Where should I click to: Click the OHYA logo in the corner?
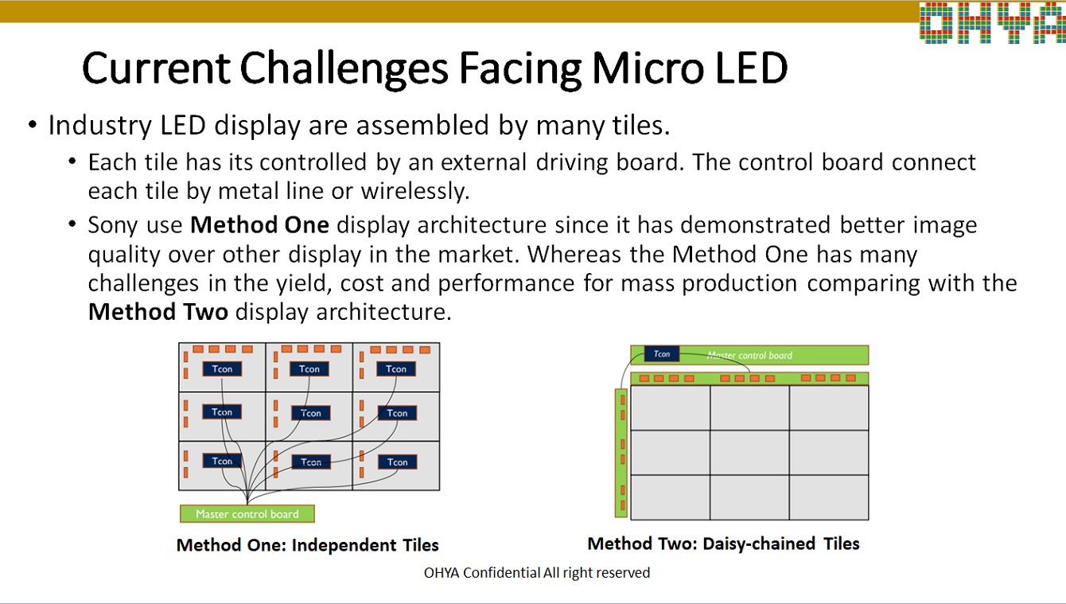point(993,23)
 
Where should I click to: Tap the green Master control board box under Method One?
point(247,513)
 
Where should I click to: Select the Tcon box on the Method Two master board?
point(662,353)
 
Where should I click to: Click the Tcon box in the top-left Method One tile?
point(222,369)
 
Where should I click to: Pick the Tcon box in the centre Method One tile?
point(310,413)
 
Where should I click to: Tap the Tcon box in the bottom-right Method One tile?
point(397,462)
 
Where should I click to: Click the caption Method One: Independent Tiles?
point(307,545)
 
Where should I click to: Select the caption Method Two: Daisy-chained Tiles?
point(723,544)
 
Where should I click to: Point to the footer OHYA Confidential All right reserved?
point(537,572)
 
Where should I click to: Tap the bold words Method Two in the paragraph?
point(158,312)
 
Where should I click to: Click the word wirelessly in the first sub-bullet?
point(415,191)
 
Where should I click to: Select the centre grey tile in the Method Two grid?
point(749,452)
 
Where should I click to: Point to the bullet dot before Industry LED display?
point(33,125)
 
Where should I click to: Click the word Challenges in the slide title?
point(344,69)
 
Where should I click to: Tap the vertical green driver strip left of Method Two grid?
point(621,453)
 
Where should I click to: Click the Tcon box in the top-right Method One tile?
point(396,369)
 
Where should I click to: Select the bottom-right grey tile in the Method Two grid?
point(828,497)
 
